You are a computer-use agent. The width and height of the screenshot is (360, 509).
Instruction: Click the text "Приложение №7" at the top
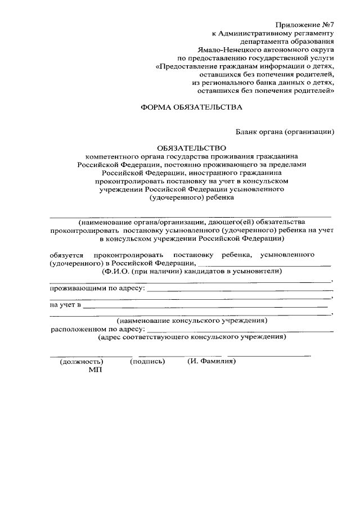[x=304, y=24]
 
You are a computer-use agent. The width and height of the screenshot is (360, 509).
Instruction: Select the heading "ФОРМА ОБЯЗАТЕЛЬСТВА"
[x=191, y=106]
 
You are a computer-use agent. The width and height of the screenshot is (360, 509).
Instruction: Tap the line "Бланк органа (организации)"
[x=285, y=132]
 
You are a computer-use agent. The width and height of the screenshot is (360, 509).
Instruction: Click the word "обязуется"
[x=67, y=255]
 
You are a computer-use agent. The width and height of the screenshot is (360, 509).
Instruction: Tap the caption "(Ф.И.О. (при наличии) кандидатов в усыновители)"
[x=191, y=271]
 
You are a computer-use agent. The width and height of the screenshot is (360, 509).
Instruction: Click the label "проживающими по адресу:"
[x=97, y=289]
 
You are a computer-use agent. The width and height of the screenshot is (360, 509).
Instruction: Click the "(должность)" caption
[x=82, y=362]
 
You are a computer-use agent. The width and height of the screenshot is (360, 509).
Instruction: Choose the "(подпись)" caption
[x=147, y=362]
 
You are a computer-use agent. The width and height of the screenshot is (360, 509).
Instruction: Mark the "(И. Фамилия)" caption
[x=211, y=362]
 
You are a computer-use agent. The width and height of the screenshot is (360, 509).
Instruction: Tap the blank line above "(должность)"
[x=91, y=355]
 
